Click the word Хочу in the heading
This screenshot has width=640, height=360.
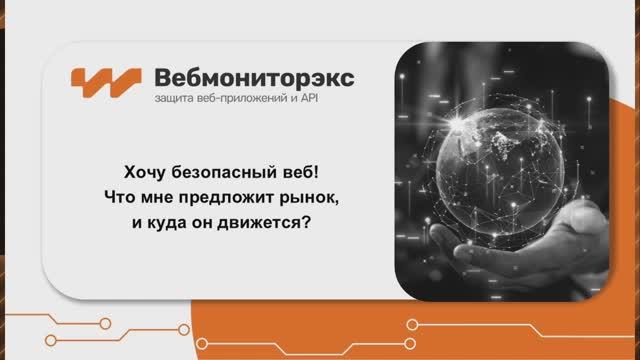coord(153,170)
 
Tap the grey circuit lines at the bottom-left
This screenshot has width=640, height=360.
coord(60,325)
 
